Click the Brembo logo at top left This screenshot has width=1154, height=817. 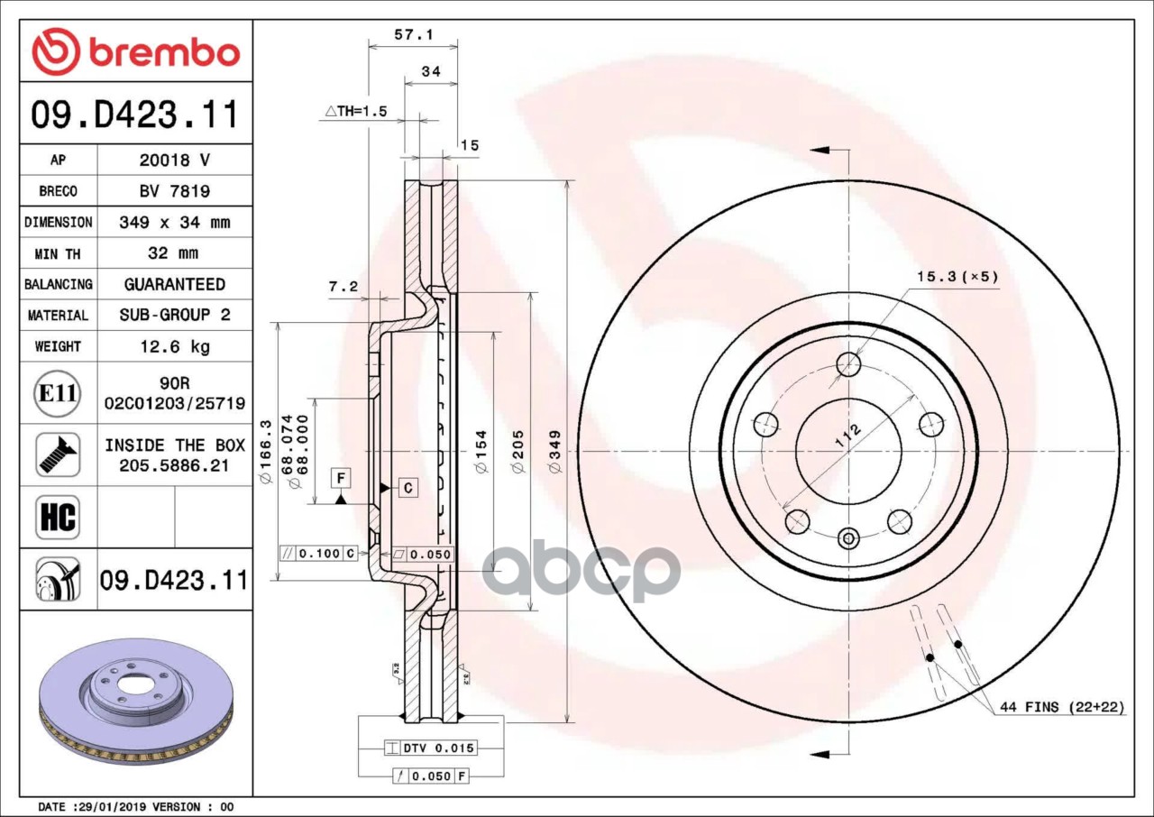coord(136,51)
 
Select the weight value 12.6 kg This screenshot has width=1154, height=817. coord(174,346)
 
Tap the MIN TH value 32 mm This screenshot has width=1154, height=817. coord(174,253)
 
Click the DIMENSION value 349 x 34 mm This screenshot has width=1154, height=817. coord(174,222)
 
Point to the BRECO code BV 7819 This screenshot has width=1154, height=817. coord(174,191)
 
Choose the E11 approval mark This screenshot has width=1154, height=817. coord(57,393)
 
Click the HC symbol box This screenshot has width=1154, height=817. coord(58,518)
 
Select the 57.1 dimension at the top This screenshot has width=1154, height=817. coord(414,34)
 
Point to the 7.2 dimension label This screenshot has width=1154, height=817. coord(343,287)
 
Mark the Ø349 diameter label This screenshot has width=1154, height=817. coord(555,451)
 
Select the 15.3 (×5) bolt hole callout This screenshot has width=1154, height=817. coord(957,276)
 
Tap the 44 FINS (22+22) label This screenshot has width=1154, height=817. coord(1061,707)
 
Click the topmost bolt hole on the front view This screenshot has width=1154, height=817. coord(848,364)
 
